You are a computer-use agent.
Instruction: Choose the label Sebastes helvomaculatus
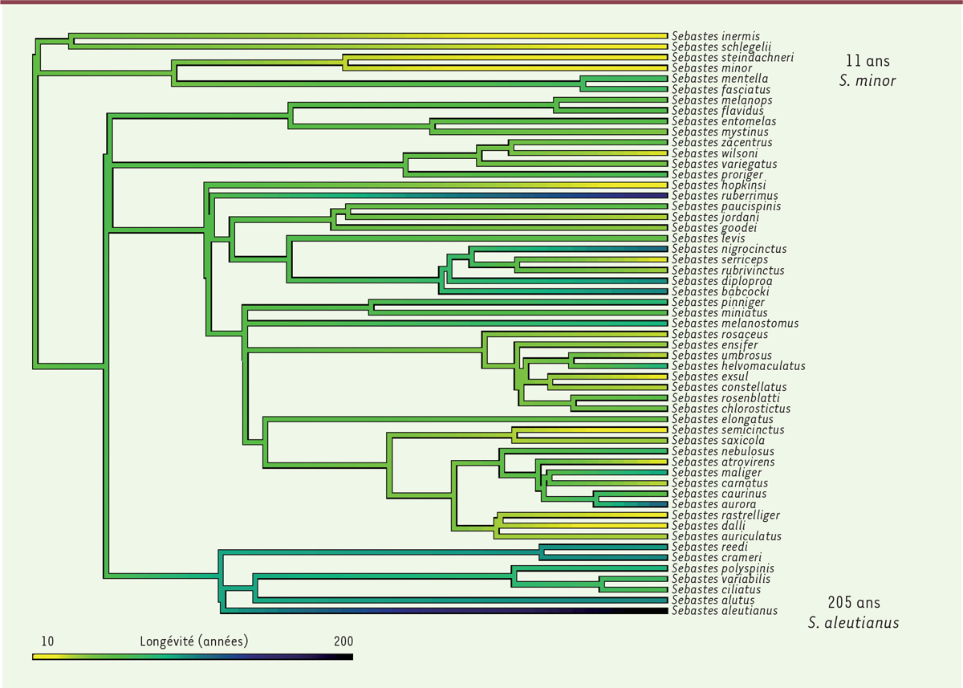click(x=738, y=366)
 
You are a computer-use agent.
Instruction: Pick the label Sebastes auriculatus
click(x=726, y=536)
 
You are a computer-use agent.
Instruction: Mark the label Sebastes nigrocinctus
click(x=729, y=249)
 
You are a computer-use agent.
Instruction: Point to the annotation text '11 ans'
click(x=867, y=60)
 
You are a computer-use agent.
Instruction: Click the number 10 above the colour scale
click(x=47, y=641)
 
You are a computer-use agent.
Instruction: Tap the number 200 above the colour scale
click(x=342, y=641)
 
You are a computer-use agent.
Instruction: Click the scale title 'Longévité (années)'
click(x=193, y=641)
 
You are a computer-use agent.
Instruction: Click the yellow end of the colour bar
click(x=37, y=657)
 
